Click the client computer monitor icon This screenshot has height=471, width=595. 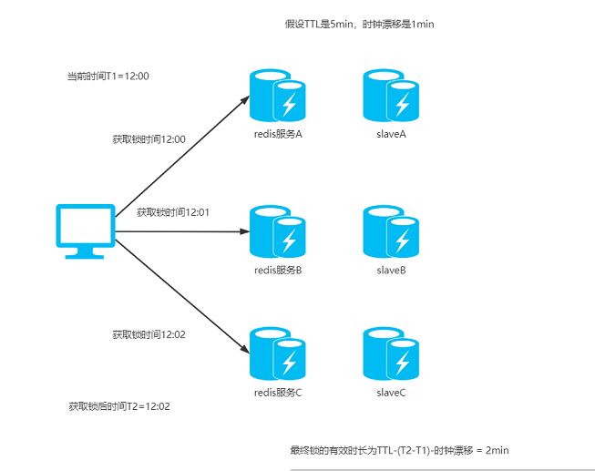pyautogui.click(x=86, y=231)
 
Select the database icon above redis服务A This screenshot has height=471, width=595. pyautogui.click(x=277, y=96)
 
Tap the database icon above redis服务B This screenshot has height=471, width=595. pyautogui.click(x=277, y=231)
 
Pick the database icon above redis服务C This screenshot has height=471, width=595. pyautogui.click(x=277, y=353)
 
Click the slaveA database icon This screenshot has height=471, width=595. pyautogui.click(x=391, y=96)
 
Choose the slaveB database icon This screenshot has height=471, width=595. pyautogui.click(x=391, y=231)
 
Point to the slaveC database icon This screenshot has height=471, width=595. pyautogui.click(x=391, y=353)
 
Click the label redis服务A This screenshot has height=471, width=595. pyautogui.click(x=278, y=134)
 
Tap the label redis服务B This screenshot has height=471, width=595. pyautogui.click(x=278, y=271)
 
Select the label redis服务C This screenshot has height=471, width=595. pyautogui.click(x=278, y=393)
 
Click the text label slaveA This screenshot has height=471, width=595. pyautogui.click(x=391, y=134)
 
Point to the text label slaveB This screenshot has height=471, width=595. pyautogui.click(x=391, y=271)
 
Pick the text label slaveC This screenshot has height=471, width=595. pyautogui.click(x=391, y=393)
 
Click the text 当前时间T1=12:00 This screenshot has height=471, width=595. pyautogui.click(x=108, y=76)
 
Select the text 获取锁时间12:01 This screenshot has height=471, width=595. pyautogui.click(x=173, y=212)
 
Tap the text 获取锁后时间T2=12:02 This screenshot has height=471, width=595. pyautogui.click(x=119, y=406)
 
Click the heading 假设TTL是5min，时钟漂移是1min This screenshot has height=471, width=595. pyautogui.click(x=359, y=25)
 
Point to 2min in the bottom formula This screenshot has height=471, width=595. pyautogui.click(x=498, y=451)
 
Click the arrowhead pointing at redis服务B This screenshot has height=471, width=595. pyautogui.click(x=245, y=231)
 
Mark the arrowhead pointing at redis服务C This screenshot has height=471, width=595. pyautogui.click(x=245, y=350)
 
